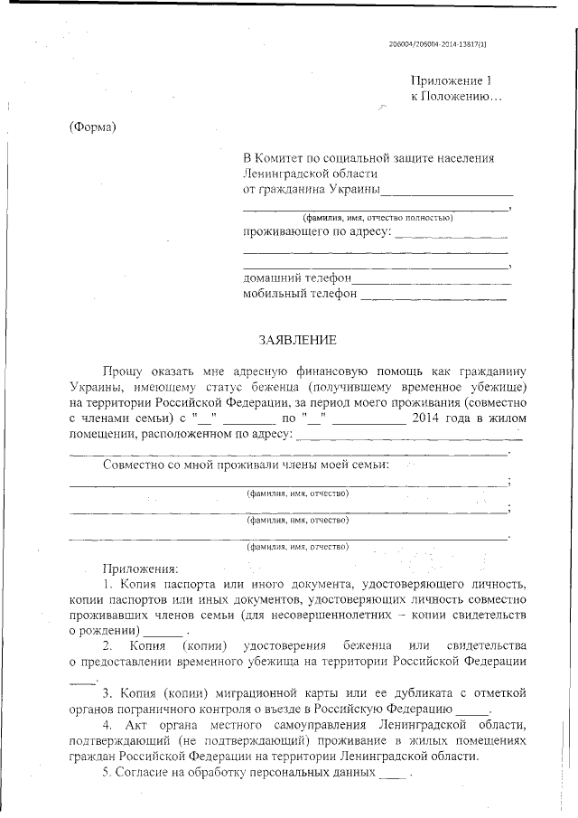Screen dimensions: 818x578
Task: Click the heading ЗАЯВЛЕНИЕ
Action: coord(297,341)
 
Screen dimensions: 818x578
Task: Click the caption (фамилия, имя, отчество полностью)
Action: coord(377,218)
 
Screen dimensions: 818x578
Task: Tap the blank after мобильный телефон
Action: coord(433,295)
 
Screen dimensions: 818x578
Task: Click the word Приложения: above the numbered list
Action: coord(141,569)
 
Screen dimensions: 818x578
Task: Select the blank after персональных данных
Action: coord(394,776)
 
